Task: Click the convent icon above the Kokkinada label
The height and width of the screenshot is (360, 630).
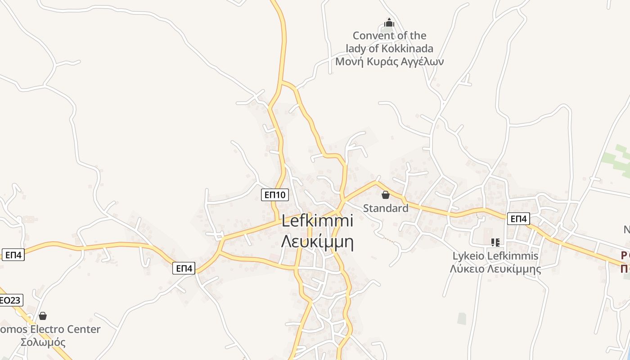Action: click(389, 22)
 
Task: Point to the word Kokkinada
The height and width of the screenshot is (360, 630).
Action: click(408, 49)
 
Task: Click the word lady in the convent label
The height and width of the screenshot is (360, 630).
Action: click(356, 49)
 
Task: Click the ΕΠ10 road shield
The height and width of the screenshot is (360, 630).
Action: click(274, 195)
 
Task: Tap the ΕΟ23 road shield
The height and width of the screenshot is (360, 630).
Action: click(10, 300)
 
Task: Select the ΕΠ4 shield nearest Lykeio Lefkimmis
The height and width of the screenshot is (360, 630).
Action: click(518, 219)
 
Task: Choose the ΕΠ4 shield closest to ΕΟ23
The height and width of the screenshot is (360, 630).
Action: click(13, 255)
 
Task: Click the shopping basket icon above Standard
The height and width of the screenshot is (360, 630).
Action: click(386, 195)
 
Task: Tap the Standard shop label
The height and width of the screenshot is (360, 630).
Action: click(386, 208)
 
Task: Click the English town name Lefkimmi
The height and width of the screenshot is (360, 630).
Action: click(317, 221)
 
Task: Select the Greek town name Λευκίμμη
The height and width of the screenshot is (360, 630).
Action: click(317, 242)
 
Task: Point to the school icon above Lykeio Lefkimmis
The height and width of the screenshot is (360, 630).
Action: click(495, 243)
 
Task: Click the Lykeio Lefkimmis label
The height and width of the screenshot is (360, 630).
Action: click(495, 256)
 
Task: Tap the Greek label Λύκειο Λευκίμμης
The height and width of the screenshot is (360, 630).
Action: click(495, 269)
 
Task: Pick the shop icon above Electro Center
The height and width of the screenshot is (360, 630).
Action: click(43, 316)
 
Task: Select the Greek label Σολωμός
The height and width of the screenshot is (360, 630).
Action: click(43, 342)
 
